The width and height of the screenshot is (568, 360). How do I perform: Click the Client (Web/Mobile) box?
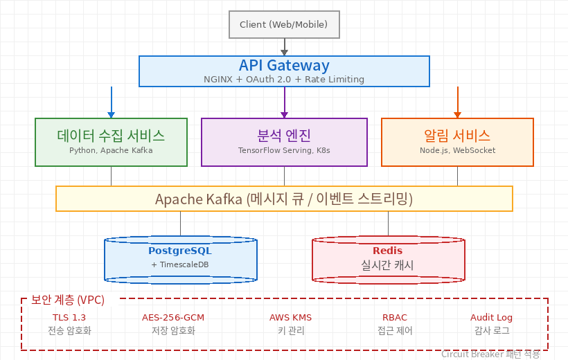click(284, 25)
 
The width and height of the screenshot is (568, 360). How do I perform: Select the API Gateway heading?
click(284, 66)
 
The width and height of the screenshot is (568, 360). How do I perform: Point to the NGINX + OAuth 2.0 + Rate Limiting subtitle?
click(284, 80)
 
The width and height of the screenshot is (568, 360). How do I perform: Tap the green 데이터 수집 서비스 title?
click(111, 135)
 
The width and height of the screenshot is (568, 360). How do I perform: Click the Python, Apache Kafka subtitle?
click(111, 150)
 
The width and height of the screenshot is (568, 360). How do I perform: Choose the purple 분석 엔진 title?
click(284, 135)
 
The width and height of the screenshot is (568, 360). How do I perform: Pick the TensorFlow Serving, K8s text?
click(284, 150)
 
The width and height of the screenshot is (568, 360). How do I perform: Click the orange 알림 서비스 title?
click(457, 135)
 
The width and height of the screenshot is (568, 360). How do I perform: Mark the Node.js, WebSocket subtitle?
click(457, 150)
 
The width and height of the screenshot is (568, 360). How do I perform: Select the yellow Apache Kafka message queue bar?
click(284, 199)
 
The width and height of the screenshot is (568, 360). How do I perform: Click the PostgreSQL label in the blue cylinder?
click(180, 251)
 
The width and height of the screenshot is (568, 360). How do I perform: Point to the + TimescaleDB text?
click(180, 265)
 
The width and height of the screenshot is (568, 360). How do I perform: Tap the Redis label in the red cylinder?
click(388, 251)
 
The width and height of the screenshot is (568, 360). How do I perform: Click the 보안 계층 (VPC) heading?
click(68, 300)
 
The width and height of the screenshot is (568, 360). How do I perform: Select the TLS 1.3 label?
click(69, 318)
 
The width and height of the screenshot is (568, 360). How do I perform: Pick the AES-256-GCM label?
click(173, 318)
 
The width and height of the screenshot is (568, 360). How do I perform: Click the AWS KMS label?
click(291, 318)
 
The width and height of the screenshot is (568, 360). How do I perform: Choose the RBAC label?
click(395, 318)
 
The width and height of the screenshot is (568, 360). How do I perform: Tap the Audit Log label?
click(492, 318)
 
